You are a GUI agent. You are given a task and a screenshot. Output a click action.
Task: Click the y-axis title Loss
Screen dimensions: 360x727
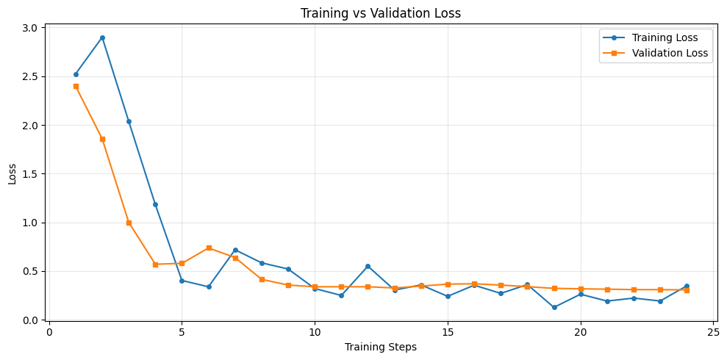click(12, 173)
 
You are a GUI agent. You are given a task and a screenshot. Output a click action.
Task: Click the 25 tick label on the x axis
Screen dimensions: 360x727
click(714, 332)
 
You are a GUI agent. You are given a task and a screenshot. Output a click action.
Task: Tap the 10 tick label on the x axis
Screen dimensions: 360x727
click(315, 332)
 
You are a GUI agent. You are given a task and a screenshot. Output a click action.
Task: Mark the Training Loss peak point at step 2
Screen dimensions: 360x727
click(102, 37)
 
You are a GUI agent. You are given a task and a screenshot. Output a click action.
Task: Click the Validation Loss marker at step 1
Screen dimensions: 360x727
click(76, 86)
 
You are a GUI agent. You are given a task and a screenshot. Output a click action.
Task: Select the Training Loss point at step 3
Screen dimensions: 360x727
click(129, 121)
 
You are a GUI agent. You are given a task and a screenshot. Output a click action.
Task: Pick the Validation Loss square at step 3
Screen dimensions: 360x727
click(129, 223)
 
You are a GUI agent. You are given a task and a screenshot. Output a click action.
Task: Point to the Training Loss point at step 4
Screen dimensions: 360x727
click(155, 204)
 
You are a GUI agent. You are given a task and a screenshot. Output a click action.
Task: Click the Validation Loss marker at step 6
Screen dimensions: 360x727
click(209, 248)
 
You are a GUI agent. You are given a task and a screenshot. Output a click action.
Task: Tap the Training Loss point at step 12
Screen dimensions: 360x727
click(368, 266)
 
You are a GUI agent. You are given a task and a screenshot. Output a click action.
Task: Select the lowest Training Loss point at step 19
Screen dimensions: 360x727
click(554, 307)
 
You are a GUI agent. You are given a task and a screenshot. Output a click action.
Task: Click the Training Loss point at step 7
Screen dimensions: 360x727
click(235, 250)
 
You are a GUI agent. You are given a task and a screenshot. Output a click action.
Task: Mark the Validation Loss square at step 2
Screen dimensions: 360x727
click(102, 139)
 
